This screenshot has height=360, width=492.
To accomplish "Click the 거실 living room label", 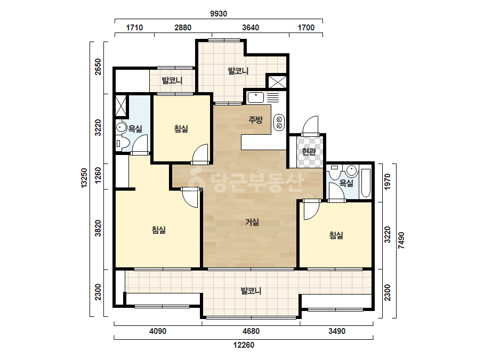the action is point(252,222).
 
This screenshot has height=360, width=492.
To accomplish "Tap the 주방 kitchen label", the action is point(255,119).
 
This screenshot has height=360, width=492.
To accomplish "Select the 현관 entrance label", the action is point(309,152).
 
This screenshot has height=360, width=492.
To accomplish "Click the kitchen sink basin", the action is point(256,97).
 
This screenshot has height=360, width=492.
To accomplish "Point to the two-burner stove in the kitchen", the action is point(279,122).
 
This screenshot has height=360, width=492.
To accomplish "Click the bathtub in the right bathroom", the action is point(366,183).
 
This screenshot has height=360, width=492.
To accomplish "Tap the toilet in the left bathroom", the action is point(122,143).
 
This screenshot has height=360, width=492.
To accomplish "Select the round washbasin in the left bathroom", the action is point(121,127).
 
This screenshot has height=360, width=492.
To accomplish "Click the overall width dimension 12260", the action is point(244,345).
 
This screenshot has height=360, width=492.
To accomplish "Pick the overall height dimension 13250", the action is point(84,178).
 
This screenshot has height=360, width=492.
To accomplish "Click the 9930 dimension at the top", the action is point(219,14).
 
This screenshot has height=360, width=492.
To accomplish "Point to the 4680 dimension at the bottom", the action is point(251,331).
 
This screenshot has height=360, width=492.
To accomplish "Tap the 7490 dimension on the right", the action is point(401,241).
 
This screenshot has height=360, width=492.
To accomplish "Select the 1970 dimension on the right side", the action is point(388,182).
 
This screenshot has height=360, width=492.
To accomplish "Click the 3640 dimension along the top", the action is point(251,28).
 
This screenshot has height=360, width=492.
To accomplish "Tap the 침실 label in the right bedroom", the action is point(336,235).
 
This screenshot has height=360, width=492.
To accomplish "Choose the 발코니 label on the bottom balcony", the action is point(251,291).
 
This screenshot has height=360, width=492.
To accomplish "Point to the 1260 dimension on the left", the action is point(98,176).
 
